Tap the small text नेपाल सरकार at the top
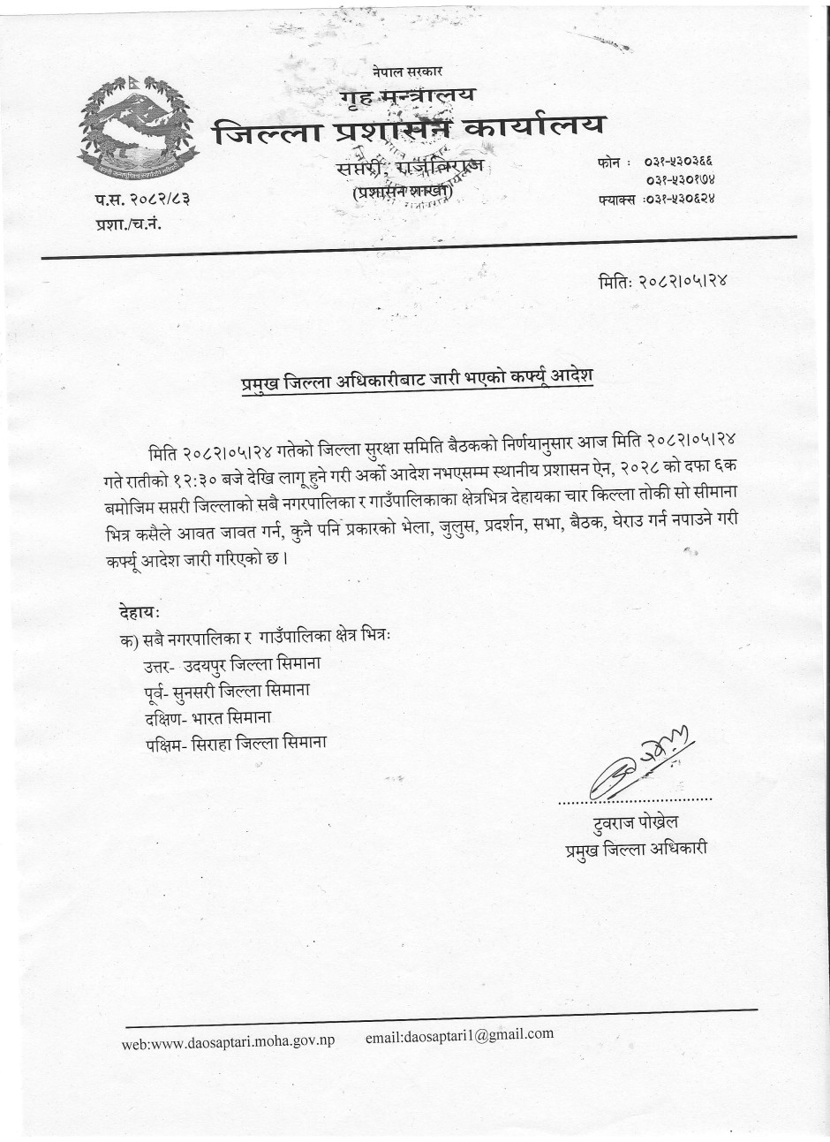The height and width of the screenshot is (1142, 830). [x=407, y=70]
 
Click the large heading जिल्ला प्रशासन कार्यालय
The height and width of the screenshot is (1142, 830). [x=409, y=129]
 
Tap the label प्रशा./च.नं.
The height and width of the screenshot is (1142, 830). [x=129, y=224]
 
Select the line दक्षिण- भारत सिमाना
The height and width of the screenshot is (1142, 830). [x=220, y=715]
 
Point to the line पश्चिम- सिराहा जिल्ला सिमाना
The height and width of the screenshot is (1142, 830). [x=237, y=743]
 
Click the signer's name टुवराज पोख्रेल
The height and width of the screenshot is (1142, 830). [x=636, y=824]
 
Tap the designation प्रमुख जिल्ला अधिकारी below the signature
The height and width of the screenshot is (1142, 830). [x=637, y=851]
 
